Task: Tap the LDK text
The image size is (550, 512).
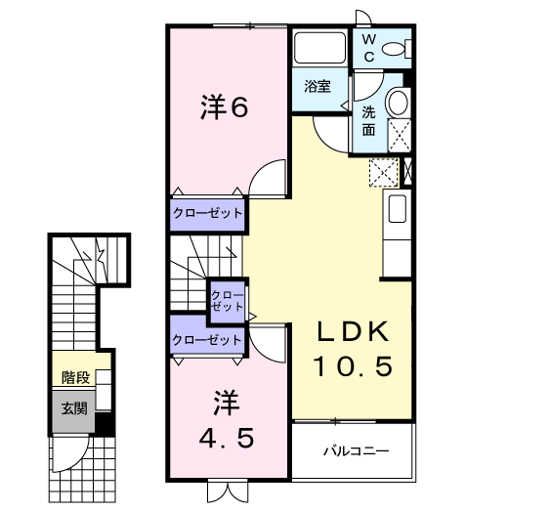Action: pyautogui.click(x=352, y=332)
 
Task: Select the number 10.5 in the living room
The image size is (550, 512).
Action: pyautogui.click(x=352, y=366)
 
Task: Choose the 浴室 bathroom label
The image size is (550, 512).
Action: pyautogui.click(x=317, y=85)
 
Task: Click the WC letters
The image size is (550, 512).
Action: pyautogui.click(x=369, y=46)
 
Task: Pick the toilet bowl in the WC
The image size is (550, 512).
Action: pyautogui.click(x=396, y=47)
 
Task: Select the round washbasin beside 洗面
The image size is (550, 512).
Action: pyautogui.click(x=398, y=104)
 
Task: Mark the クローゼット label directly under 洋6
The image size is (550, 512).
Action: pyautogui.click(x=208, y=213)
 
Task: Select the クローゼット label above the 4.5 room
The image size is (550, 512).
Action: pyautogui.click(x=207, y=340)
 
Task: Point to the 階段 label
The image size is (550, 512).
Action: pyautogui.click(x=74, y=376)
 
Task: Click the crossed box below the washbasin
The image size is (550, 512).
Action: pyautogui.click(x=399, y=133)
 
